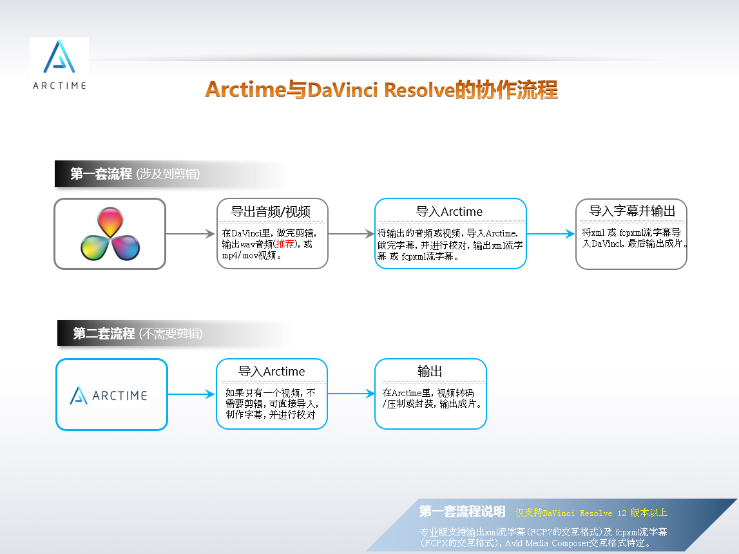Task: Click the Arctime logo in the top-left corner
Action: click(x=59, y=64)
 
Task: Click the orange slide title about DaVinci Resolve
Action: click(x=381, y=90)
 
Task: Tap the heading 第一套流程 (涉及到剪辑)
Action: click(x=135, y=174)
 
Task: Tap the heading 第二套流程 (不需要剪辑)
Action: click(x=138, y=334)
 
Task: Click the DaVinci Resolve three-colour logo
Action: click(x=110, y=234)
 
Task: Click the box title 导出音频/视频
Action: click(x=271, y=211)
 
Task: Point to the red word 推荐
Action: click(x=285, y=244)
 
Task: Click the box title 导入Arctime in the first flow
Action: click(x=449, y=211)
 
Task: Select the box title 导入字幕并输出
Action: click(x=632, y=211)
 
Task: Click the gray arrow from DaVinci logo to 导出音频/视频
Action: click(x=191, y=234)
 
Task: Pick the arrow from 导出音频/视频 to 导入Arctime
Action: click(x=351, y=234)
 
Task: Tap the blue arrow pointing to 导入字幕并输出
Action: click(x=551, y=234)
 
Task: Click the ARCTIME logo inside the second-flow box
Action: click(x=109, y=396)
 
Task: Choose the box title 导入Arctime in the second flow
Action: click(x=271, y=371)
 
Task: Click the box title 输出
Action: click(x=430, y=371)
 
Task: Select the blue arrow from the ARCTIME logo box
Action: click(x=191, y=394)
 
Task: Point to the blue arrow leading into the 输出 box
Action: click(x=351, y=394)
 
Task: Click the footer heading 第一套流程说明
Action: click(x=463, y=511)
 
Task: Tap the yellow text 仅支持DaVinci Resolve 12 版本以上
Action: click(x=591, y=513)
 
